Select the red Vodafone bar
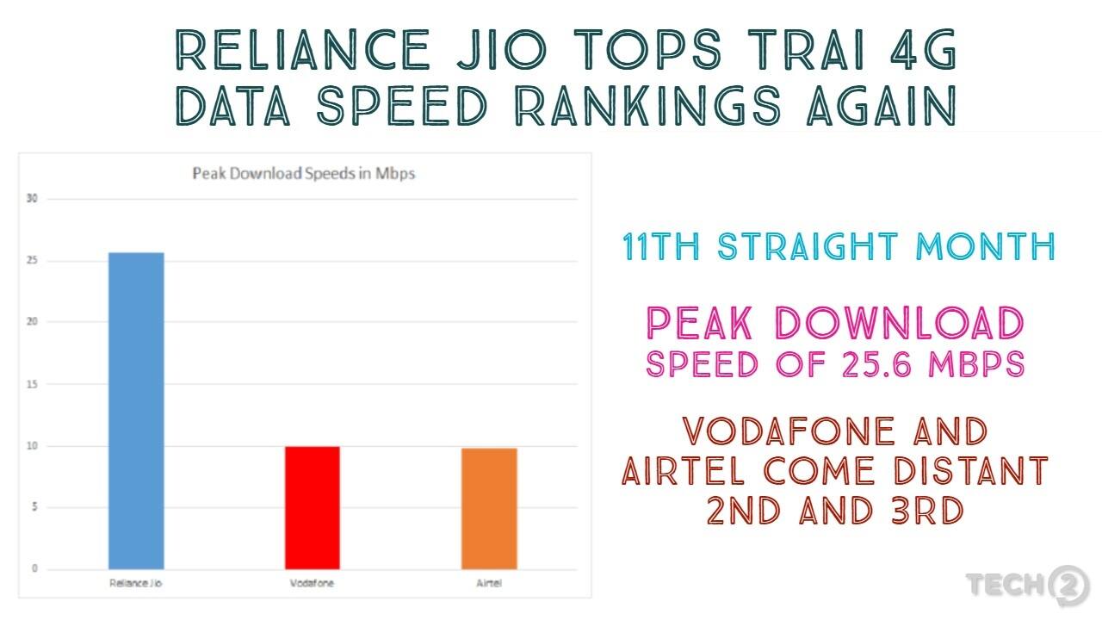point(313,507)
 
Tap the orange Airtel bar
point(489,508)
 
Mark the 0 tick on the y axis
point(34,568)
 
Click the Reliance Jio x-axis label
point(136,584)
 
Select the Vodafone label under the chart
point(313,584)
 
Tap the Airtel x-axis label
point(489,584)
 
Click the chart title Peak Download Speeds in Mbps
point(303,174)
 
